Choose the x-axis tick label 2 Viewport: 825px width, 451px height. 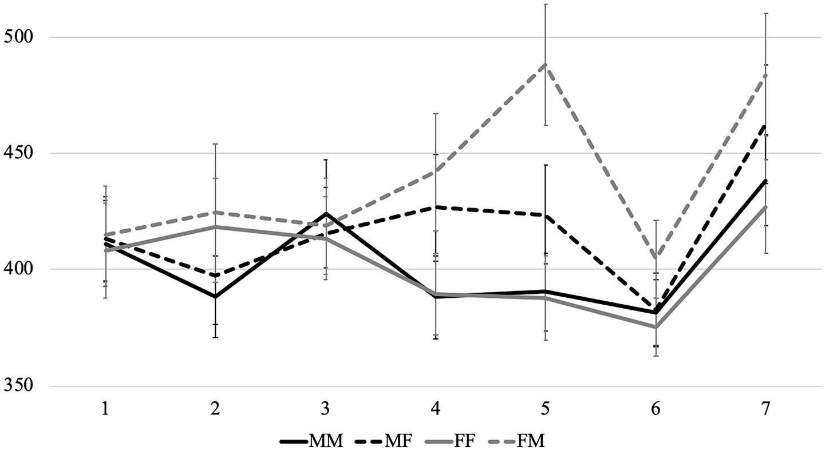215,408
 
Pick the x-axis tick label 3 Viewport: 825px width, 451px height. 325,408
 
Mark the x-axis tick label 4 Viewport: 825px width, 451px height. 436,408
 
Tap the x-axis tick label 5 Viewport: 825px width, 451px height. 546,408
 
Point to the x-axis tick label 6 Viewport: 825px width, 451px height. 656,408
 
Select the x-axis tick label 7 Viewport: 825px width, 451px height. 765,408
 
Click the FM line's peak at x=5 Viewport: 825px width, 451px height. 546,65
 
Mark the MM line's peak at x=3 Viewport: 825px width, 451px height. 325,213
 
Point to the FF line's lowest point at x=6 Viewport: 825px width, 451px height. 656,327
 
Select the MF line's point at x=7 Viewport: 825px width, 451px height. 765,125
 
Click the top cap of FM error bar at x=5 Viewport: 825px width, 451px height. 546,5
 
